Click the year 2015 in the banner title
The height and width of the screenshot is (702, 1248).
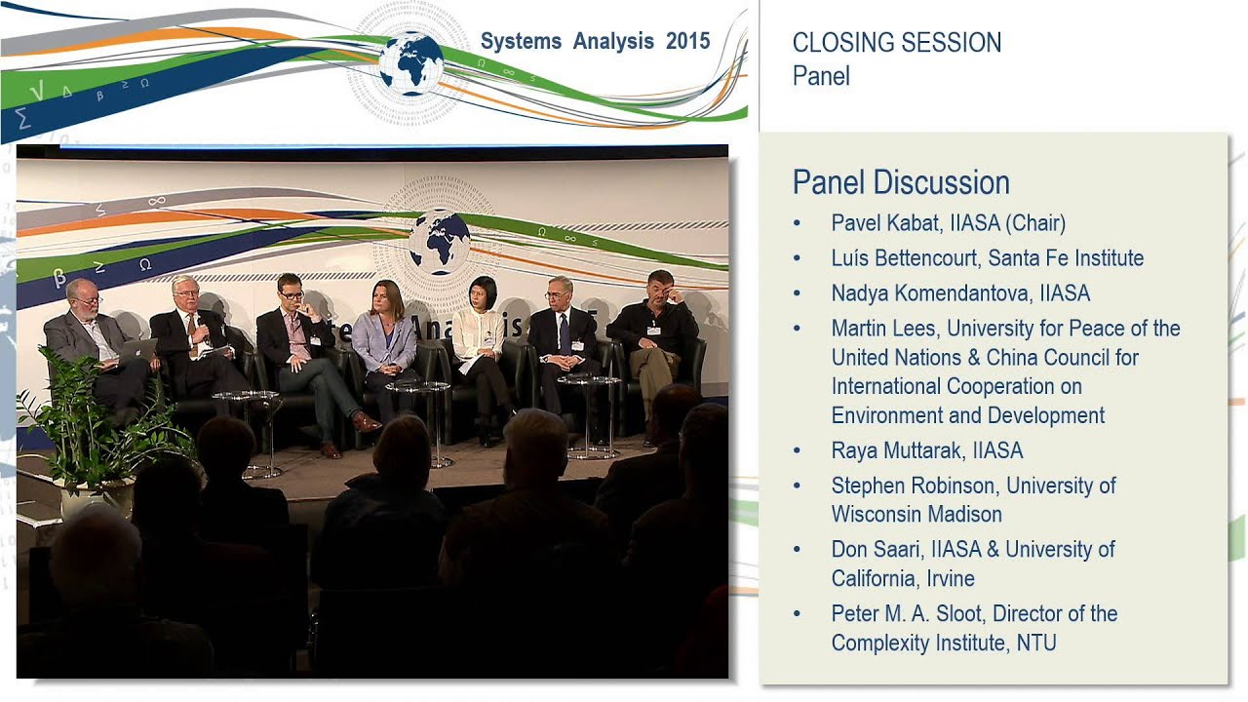(688, 41)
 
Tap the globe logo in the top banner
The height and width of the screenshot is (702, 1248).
(410, 62)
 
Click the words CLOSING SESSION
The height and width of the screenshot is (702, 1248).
(896, 43)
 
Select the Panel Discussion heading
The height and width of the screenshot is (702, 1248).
(900, 182)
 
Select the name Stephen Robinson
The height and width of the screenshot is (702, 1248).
(915, 486)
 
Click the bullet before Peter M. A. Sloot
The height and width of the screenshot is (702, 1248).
(797, 614)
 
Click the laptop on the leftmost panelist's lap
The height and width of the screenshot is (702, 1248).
(136, 351)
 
